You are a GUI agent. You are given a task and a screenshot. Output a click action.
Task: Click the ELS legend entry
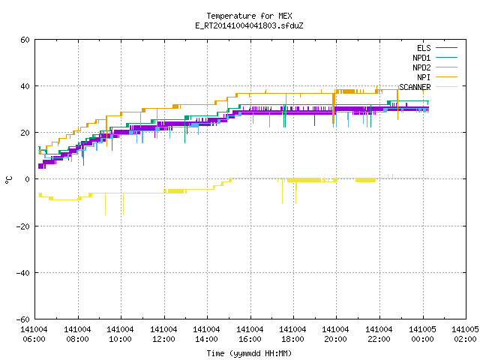pyautogui.click(x=424, y=48)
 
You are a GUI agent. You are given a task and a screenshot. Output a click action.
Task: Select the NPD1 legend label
pyautogui.click(x=421, y=58)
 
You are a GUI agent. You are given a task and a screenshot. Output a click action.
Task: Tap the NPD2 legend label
pyautogui.click(x=421, y=67)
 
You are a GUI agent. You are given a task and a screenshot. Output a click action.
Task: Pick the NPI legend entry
pyautogui.click(x=424, y=77)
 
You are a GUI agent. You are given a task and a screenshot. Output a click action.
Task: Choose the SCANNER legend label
pyautogui.click(x=415, y=87)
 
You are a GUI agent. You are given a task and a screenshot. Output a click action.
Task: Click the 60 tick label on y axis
pyautogui.click(x=25, y=40)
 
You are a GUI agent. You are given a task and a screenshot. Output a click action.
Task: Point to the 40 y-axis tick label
pyautogui.click(x=25, y=86)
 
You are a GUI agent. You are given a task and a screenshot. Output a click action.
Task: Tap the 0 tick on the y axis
pyautogui.click(x=28, y=179)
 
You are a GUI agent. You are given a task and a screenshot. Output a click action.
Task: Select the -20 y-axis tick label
pyautogui.click(x=23, y=226)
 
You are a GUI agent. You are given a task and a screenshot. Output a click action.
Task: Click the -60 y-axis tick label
pyautogui.click(x=23, y=319)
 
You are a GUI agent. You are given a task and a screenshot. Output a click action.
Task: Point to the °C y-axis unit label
pyautogui.click(x=8, y=180)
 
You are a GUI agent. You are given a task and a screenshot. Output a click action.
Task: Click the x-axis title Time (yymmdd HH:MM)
pyautogui.click(x=249, y=353)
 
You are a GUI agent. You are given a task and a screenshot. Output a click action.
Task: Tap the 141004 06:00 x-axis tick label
pyautogui.click(x=34, y=334)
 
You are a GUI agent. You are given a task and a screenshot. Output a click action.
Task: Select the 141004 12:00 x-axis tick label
pyautogui.click(x=163, y=334)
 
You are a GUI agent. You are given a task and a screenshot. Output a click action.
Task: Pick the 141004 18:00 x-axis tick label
pyautogui.click(x=292, y=334)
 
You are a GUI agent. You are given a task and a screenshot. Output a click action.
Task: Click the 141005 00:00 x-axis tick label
pyautogui.click(x=422, y=334)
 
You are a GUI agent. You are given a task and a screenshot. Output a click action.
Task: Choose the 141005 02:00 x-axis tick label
pyautogui.click(x=465, y=334)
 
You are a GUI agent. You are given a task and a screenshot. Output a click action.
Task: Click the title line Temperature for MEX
pyautogui.click(x=249, y=16)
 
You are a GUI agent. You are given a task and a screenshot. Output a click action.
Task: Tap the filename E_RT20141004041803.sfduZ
pyautogui.click(x=249, y=25)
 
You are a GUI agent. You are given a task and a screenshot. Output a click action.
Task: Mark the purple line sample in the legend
pyautogui.click(x=446, y=48)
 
